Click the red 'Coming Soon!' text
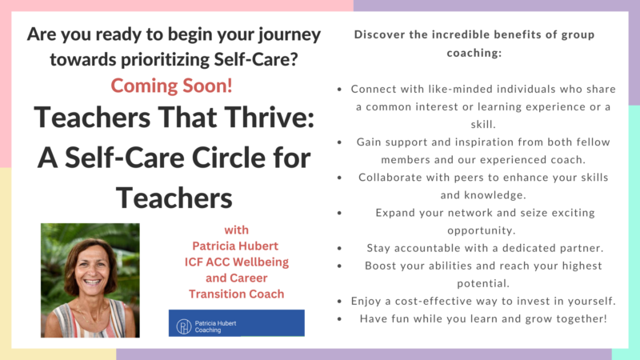171,86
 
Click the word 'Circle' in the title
230,158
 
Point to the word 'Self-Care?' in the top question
256,59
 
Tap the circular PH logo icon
184,326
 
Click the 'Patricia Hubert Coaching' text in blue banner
215,326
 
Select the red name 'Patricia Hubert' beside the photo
235,246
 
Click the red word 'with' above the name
236,230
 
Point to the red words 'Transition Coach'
236,294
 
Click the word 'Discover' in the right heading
378,34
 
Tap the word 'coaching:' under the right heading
474,53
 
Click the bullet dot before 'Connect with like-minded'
339,90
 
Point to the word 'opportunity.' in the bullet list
482,231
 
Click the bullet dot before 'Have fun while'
339,319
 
